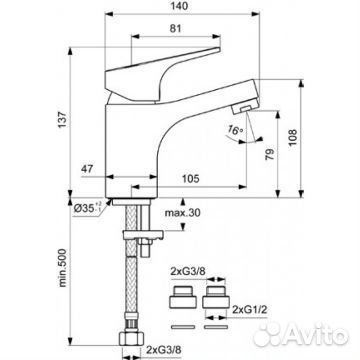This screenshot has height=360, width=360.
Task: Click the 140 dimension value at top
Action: click(182, 6)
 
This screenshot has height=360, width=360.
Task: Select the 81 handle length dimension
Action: click(176, 29)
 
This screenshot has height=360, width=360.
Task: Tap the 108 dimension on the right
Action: click(292, 137)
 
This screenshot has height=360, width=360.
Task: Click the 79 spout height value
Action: click(270, 154)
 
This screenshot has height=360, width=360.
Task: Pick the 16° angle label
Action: click(236, 130)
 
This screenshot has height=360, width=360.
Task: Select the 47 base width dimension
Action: click(88, 169)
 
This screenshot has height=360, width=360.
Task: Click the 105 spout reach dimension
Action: click(190, 179)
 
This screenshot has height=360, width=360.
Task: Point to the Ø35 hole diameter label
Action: click(87, 208)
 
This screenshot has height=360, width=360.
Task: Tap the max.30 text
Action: click(183, 212)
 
